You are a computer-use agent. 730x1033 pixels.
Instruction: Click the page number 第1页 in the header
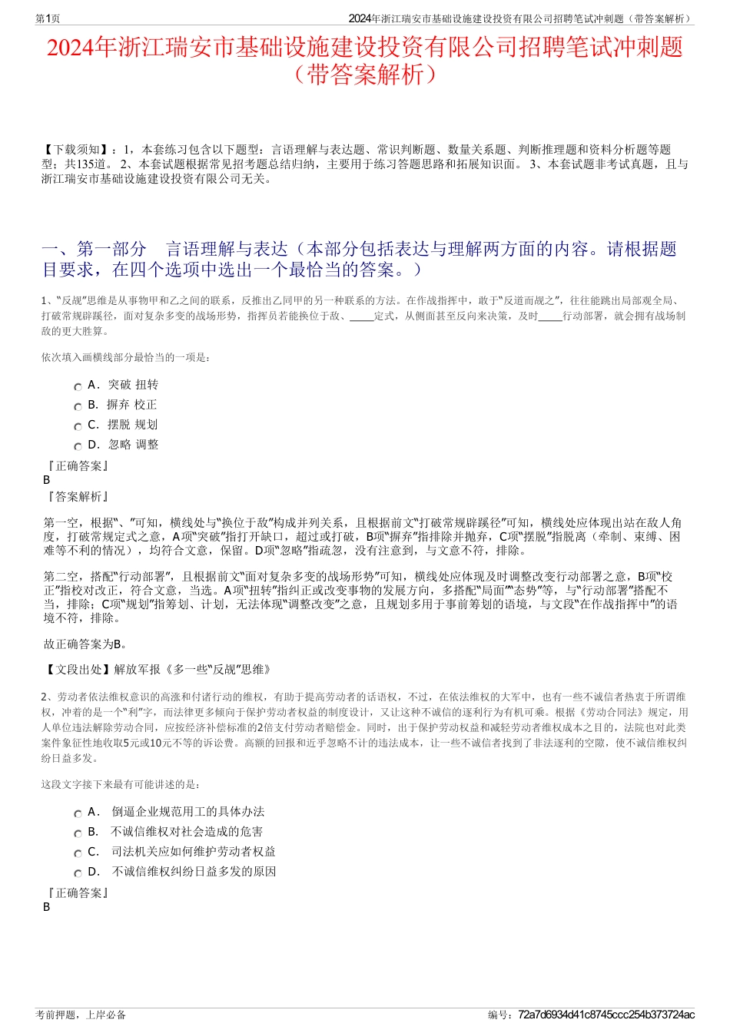tap(48, 18)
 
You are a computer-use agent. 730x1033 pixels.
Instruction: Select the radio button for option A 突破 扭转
tap(78, 387)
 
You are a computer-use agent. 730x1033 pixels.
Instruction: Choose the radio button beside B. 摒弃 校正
tap(78, 407)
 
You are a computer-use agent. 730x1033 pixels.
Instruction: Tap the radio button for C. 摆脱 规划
tap(78, 427)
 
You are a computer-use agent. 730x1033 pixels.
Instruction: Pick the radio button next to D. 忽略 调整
tap(78, 447)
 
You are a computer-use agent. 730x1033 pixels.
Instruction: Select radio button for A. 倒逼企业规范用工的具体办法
tap(78, 814)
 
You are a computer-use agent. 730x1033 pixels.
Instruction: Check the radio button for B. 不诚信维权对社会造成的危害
tap(78, 834)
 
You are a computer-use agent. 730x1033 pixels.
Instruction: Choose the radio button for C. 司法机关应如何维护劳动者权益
tap(78, 854)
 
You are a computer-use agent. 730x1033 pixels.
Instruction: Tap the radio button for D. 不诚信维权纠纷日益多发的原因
tap(78, 874)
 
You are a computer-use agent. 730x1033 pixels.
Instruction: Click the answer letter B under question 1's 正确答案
tap(47, 480)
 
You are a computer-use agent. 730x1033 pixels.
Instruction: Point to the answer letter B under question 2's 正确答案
tap(47, 907)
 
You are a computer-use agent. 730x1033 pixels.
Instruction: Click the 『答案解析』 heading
tap(77, 497)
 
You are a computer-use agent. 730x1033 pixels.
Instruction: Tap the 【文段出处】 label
tap(78, 670)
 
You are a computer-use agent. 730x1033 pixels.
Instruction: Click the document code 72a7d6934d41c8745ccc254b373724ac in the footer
tap(606, 1015)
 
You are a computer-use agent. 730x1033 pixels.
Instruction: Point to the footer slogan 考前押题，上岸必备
tap(81, 1015)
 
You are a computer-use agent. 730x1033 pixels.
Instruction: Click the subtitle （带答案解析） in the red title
tap(365, 74)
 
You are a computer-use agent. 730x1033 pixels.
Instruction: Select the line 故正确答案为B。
tap(86, 644)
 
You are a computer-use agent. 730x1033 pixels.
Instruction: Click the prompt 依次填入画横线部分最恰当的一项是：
tap(125, 357)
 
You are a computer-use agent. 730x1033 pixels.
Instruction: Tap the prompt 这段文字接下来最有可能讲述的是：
tap(121, 784)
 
